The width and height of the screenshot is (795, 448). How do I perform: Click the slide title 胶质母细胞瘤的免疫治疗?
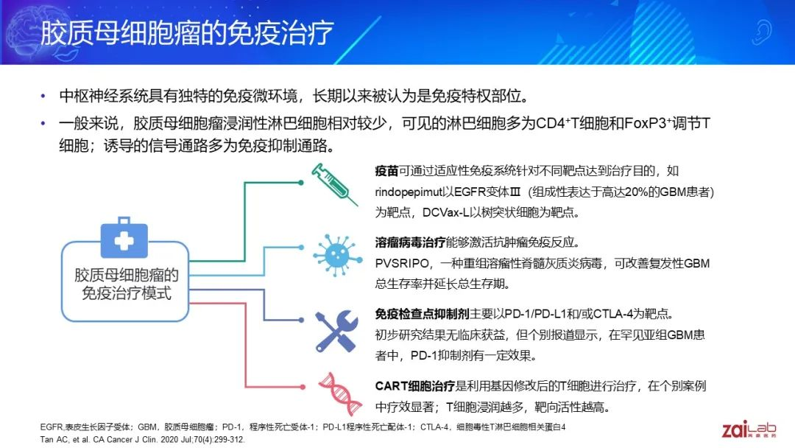click(186, 33)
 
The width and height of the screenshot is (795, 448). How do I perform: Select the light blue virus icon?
click(337, 255)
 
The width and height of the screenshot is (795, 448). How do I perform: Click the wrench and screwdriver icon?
click(336, 331)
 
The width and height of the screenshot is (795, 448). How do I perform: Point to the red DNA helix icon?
click(340, 394)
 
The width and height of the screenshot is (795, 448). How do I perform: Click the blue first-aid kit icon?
click(124, 237)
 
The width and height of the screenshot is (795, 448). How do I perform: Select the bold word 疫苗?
click(386, 171)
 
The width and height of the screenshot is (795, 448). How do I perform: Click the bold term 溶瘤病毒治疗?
click(410, 242)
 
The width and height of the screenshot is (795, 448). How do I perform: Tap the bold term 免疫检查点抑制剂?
click(422, 314)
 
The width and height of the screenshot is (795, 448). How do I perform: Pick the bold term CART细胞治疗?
click(414, 386)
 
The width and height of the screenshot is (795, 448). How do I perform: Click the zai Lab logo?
click(749, 430)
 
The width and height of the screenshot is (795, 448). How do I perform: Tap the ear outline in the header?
click(762, 32)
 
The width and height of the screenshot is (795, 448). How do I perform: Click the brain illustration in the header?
click(29, 30)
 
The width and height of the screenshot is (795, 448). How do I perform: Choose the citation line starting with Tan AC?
click(143, 439)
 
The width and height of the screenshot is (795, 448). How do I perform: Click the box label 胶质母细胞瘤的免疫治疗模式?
click(127, 284)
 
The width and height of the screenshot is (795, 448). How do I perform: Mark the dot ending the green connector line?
click(301, 183)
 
